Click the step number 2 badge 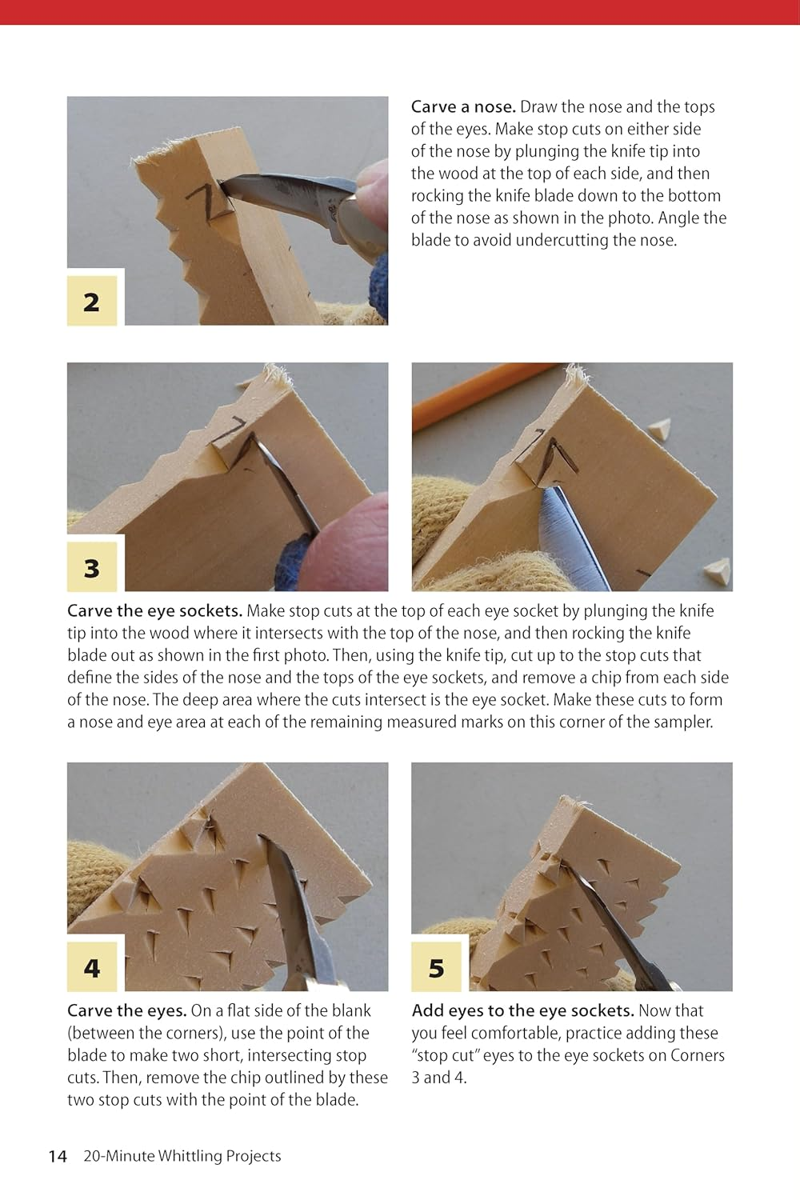[91, 302]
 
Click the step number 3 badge [91, 568]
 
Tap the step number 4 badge [91, 968]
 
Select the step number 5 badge [436, 968]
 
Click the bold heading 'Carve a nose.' [463, 107]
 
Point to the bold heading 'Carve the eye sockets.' [154, 611]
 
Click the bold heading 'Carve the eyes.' [127, 1011]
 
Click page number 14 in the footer [58, 1156]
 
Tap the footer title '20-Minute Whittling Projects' [182, 1156]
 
